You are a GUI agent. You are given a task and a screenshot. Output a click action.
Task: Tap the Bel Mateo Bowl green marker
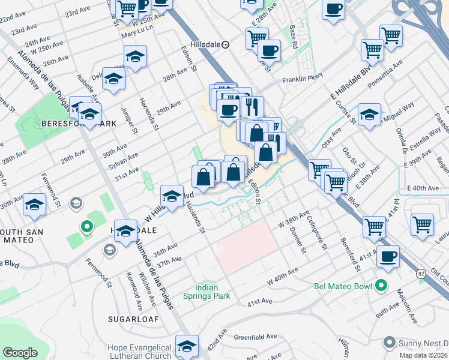(379, 286)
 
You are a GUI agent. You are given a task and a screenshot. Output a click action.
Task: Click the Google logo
(20, 353)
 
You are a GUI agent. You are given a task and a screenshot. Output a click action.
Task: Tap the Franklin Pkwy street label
(303, 77)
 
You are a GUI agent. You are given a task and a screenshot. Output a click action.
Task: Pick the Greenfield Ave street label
(255, 337)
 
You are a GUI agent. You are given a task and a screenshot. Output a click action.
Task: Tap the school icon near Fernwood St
(34, 205)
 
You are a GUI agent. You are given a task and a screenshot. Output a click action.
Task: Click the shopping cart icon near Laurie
(422, 225)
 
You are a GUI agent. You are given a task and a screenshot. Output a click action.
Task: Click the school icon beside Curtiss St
(369, 114)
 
